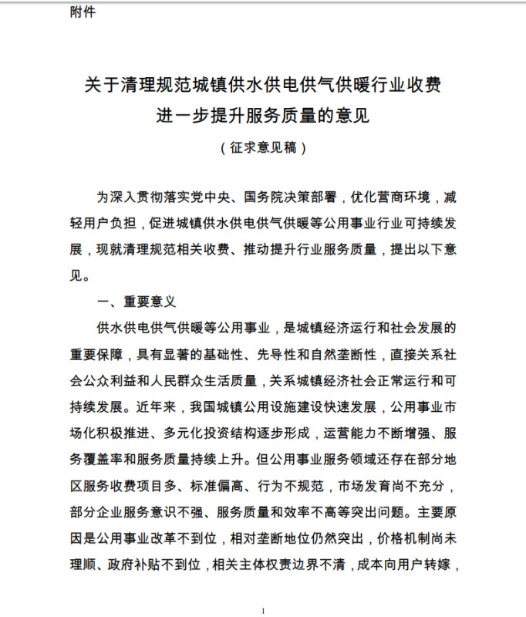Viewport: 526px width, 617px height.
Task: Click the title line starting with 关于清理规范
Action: point(263,84)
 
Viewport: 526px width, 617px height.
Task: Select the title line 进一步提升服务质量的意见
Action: point(263,116)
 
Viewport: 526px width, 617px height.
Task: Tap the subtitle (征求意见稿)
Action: point(263,147)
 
